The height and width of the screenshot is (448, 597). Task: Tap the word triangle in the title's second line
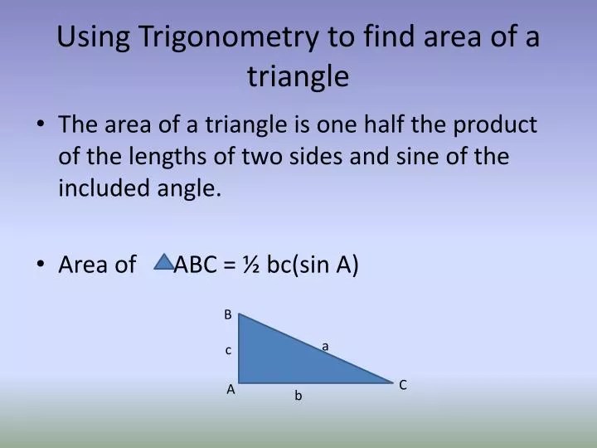pyautogui.click(x=298, y=76)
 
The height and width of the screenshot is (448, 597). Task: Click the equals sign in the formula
pyautogui.click(x=233, y=265)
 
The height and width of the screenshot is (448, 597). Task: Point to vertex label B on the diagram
pyautogui.click(x=227, y=314)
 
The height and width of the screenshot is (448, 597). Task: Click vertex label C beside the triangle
pyautogui.click(x=403, y=385)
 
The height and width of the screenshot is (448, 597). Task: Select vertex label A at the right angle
pyautogui.click(x=231, y=388)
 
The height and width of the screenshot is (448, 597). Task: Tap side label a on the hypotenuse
pyautogui.click(x=326, y=346)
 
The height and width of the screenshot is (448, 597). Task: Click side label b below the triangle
pyautogui.click(x=298, y=397)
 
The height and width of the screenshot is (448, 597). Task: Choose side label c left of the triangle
pyautogui.click(x=228, y=351)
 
